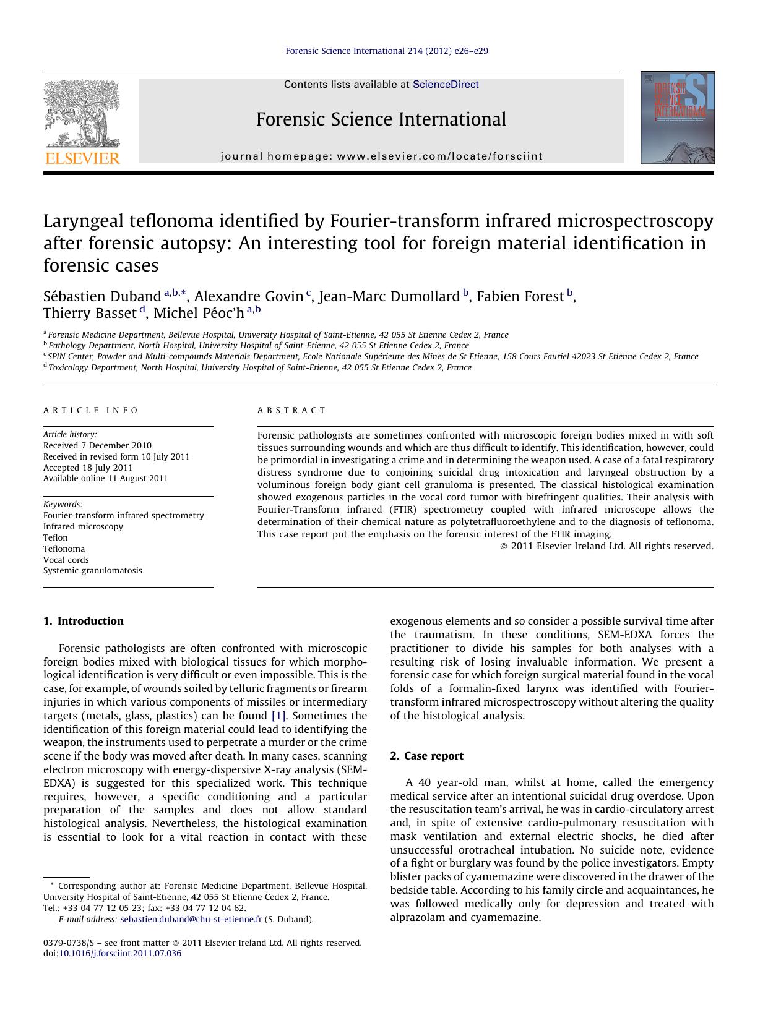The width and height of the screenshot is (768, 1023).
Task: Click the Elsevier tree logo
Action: click(82, 113)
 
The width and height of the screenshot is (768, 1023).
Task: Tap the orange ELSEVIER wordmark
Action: click(82, 158)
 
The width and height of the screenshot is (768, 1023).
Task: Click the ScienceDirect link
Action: click(446, 85)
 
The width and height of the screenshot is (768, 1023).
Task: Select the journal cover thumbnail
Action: click(677, 118)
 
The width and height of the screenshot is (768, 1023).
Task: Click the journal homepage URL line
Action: click(381, 156)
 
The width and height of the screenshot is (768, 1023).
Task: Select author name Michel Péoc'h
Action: click(199, 313)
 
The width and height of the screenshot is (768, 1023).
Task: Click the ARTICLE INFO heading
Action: click(91, 410)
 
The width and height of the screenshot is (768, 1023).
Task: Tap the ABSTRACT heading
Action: click(291, 410)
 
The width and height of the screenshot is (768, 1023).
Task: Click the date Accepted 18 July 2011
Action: click(88, 468)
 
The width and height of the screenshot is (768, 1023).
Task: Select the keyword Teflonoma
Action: click(64, 549)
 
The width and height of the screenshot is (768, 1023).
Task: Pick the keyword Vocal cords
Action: click(66, 560)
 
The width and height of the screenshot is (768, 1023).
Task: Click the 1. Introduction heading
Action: click(84, 621)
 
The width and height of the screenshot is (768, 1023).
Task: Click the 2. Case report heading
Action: click(427, 756)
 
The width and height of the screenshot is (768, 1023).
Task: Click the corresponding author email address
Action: click(191, 919)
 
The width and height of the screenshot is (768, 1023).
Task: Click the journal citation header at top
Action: click(387, 51)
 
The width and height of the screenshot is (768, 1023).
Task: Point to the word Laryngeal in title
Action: click(84, 221)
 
